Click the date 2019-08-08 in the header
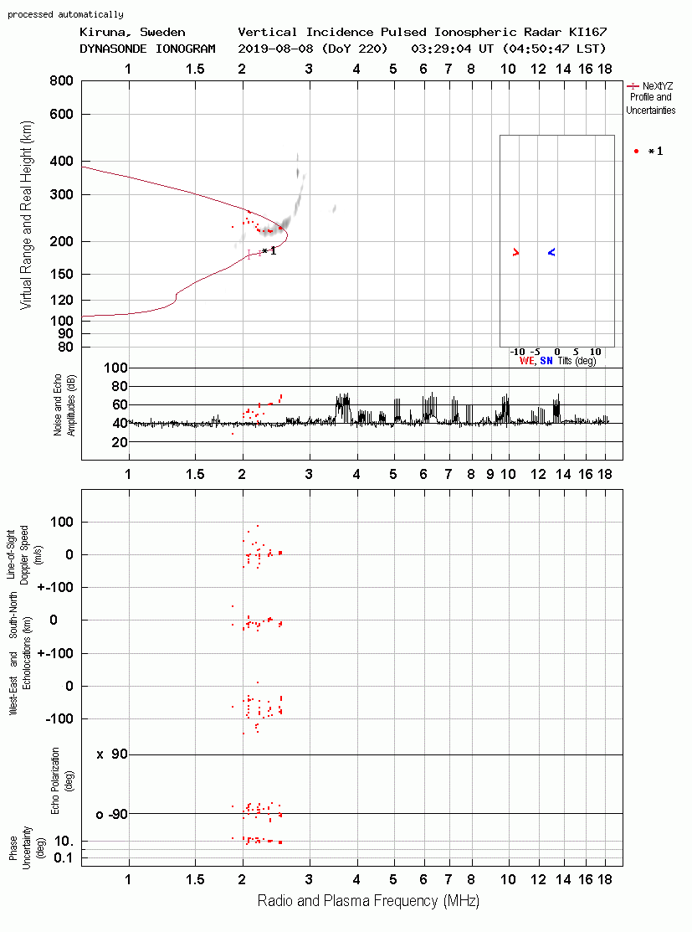274,49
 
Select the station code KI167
588,32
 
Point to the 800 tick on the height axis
62,81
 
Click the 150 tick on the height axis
62,274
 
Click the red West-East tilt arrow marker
515,253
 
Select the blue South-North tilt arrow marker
551,253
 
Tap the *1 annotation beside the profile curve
269,251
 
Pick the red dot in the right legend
636,151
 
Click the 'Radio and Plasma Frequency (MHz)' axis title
368,901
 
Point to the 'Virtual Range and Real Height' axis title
26,215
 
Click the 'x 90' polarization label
112,754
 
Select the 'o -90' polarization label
111,814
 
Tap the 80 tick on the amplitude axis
120,386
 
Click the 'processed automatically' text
65,14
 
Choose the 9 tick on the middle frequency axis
490,474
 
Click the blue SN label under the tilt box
546,361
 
